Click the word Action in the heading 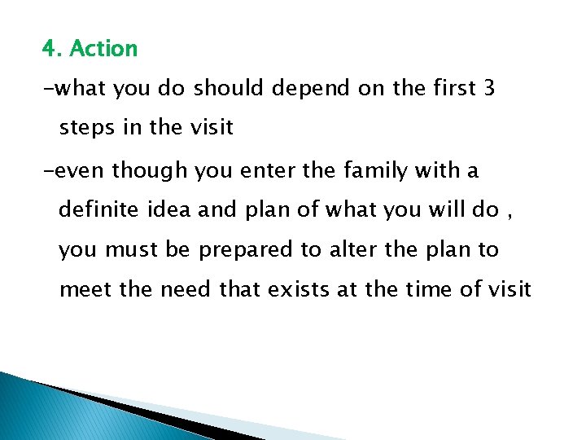tap(103, 49)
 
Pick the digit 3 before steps tap(488, 89)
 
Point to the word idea tap(171, 209)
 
